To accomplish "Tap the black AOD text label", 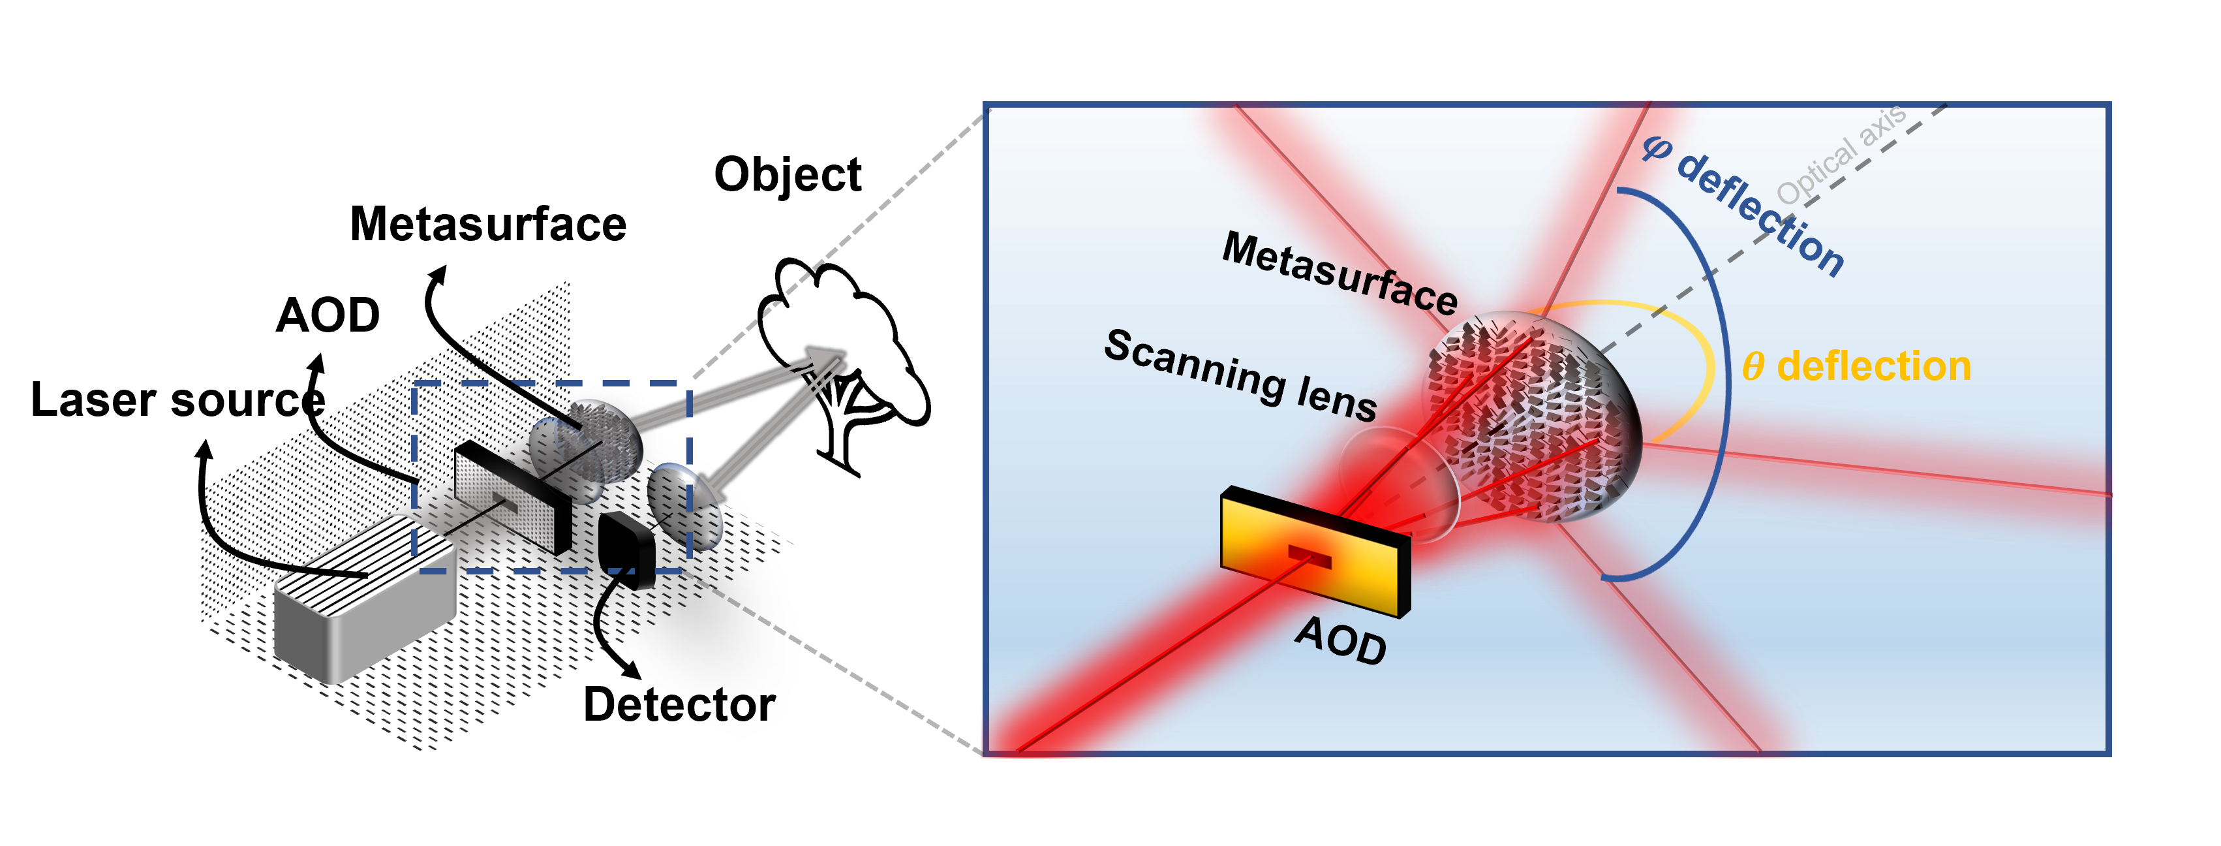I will [1341, 640].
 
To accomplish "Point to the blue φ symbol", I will [1656, 148].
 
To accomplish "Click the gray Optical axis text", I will [1841, 156].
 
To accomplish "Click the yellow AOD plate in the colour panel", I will [1267, 535].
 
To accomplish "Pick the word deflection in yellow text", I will [1875, 366].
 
